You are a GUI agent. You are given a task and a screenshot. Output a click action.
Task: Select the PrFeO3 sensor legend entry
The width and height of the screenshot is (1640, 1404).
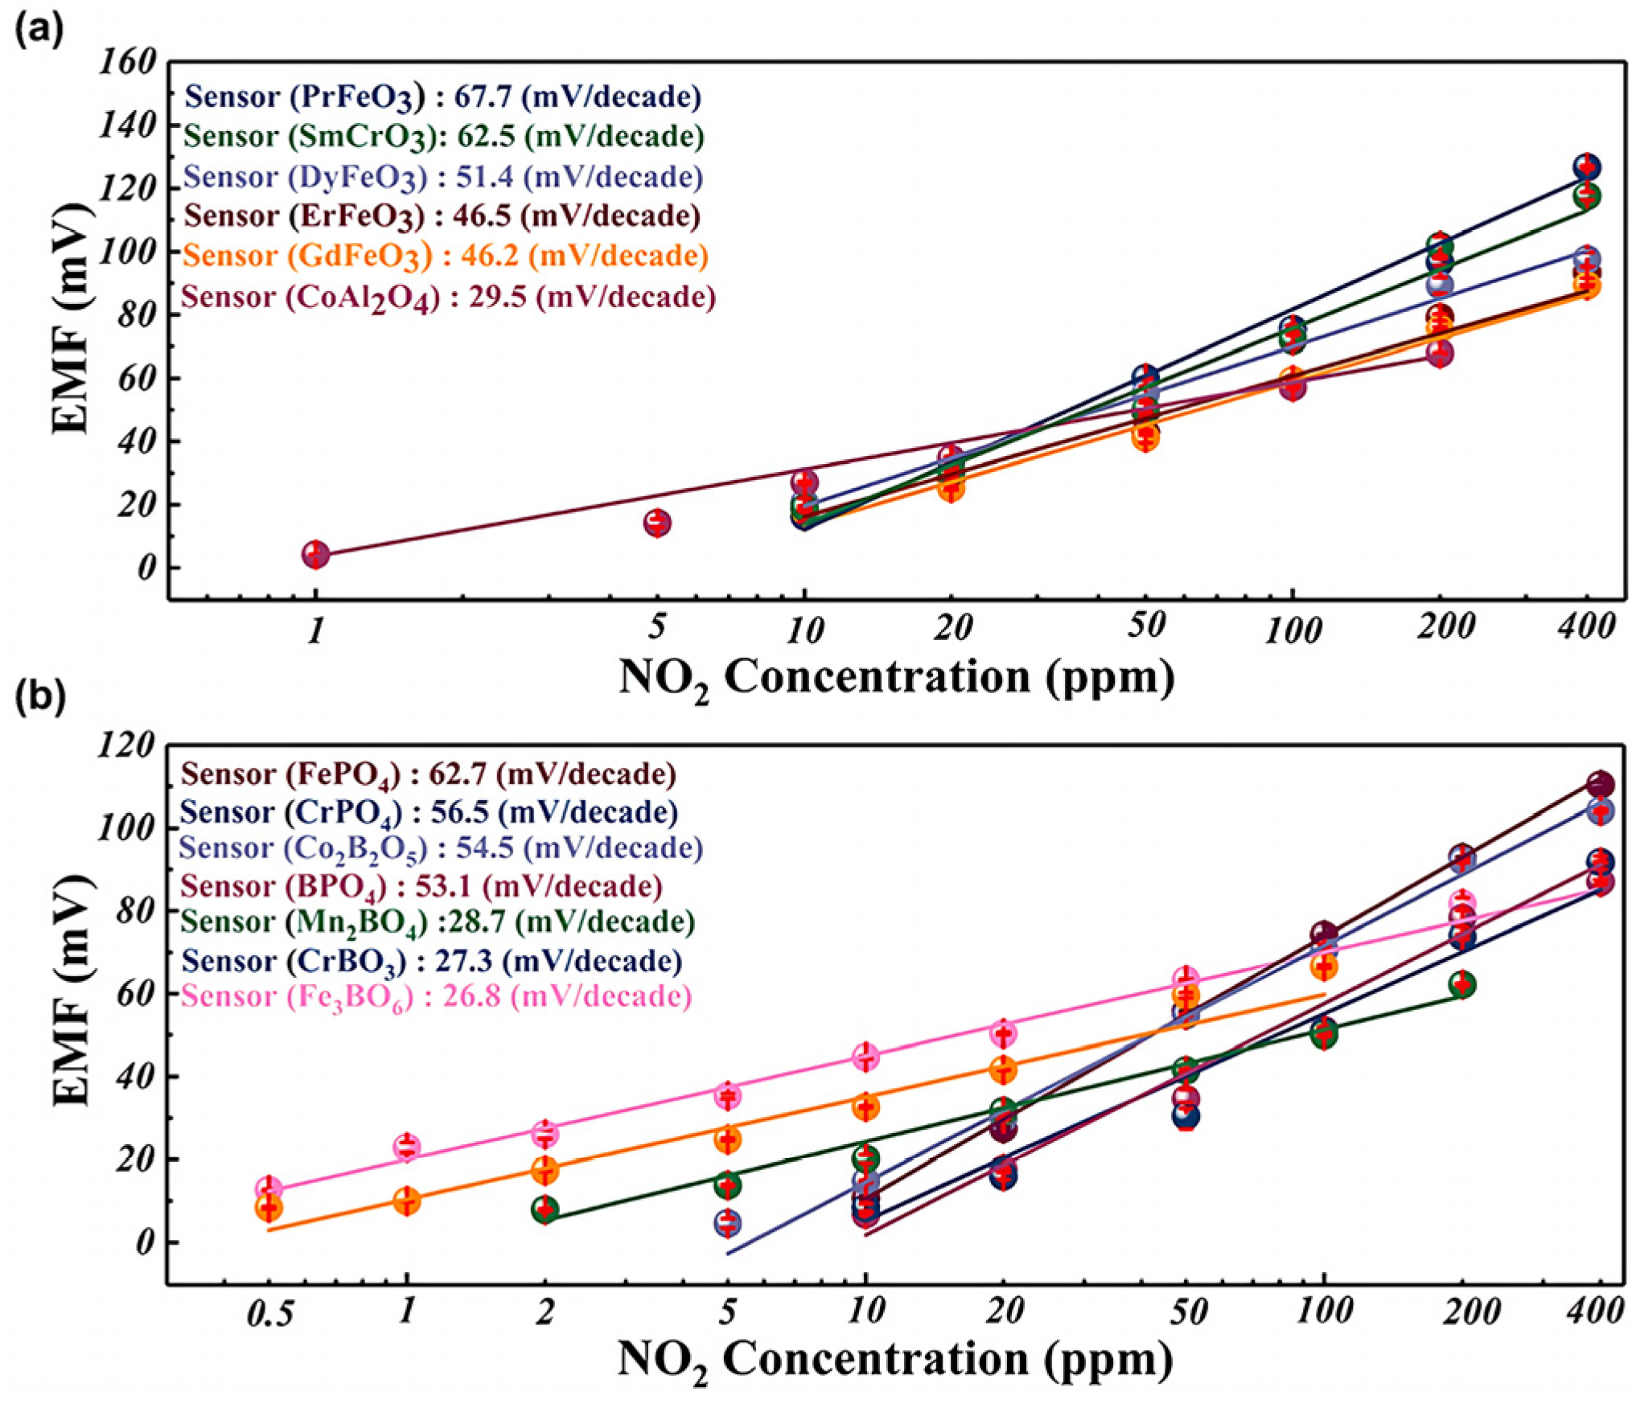pos(442,97)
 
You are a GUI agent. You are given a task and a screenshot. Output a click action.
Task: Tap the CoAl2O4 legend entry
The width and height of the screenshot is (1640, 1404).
pos(448,298)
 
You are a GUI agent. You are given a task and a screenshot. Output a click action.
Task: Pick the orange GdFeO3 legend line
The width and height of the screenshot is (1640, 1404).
pos(445,257)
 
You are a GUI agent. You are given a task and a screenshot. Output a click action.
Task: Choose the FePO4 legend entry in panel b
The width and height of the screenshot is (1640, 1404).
pos(428,774)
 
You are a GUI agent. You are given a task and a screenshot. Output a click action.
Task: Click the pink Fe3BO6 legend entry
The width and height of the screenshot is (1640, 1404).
pos(436,997)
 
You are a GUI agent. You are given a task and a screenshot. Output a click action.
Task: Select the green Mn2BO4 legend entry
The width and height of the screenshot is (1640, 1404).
pos(437,922)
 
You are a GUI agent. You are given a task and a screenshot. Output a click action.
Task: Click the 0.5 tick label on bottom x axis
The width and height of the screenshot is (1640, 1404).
pos(269,1314)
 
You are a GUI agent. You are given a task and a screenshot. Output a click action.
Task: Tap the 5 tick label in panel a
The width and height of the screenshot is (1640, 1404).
pos(656,626)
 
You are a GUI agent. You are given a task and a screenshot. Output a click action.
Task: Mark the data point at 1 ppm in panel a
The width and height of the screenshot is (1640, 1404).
pos(316,554)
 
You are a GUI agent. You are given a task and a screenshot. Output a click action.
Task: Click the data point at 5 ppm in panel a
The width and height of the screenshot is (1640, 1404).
pos(657,523)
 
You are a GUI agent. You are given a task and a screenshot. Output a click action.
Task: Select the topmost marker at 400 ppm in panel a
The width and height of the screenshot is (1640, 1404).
pos(1586,167)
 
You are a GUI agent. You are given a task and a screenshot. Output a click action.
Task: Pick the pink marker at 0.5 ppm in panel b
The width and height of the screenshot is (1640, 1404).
pos(269,1189)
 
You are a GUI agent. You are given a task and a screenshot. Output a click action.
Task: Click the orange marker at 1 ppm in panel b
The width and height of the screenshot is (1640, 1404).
pos(407,1202)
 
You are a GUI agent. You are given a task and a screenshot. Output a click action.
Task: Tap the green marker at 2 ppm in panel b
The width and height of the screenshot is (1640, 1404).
pos(545,1210)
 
